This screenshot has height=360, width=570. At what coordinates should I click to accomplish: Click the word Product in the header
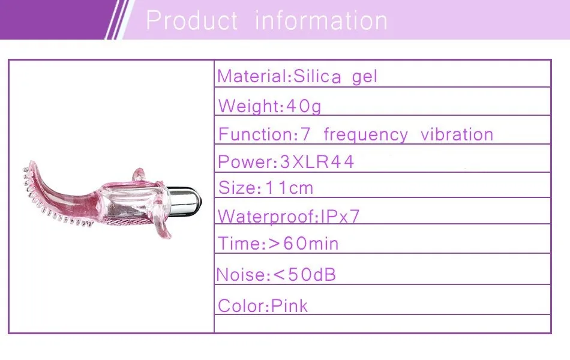pos(191,21)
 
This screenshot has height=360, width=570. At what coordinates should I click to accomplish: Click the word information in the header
pos(321,21)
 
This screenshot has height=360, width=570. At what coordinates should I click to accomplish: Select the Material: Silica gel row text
pos(298,77)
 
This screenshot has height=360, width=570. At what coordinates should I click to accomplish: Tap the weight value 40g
pos(304,107)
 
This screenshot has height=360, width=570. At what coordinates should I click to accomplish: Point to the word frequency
pos(365,134)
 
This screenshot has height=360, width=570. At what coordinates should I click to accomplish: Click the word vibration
pos(457,134)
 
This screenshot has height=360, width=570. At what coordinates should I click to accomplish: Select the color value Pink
pos(289,306)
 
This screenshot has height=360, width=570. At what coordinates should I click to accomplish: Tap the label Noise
pos(241,275)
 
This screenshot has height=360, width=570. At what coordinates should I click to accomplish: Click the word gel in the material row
pos(365,77)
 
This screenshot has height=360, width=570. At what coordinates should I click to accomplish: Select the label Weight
pos(248,107)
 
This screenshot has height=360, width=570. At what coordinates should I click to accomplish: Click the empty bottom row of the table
pos(382,323)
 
